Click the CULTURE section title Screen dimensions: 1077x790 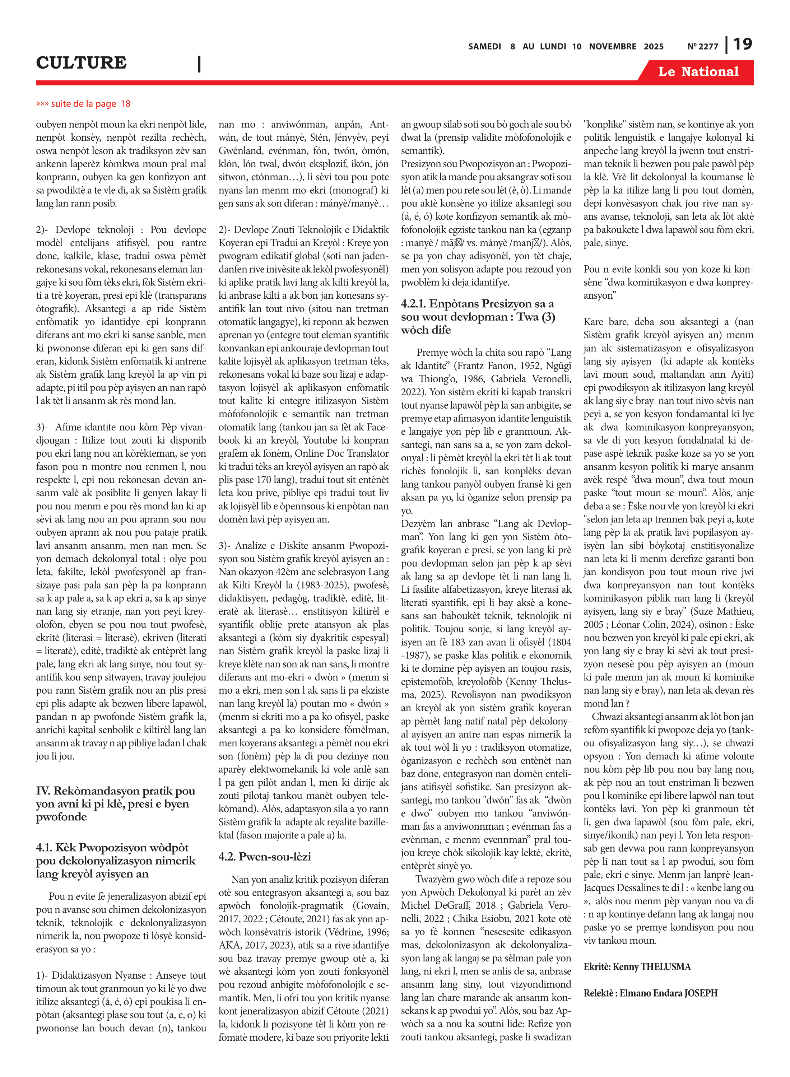(81, 62)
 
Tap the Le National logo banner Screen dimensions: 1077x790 (698, 72)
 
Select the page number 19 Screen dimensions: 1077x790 (742, 45)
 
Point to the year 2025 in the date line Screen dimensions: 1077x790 (653, 46)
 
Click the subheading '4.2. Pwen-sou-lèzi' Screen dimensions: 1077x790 (264, 856)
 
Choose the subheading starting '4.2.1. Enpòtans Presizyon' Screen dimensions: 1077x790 (477, 304)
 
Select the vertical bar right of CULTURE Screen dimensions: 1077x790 (199, 64)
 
